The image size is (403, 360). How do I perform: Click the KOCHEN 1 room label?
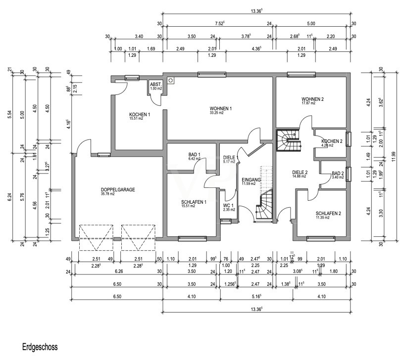139,114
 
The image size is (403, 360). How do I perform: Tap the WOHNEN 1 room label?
220,108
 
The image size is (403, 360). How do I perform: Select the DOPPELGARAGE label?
118,189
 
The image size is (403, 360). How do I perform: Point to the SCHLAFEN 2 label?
328,214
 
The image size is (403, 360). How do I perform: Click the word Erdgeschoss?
40,347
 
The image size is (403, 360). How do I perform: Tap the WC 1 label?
228,205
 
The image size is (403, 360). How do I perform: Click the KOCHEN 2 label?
331,141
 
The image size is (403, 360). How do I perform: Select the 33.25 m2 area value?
216,113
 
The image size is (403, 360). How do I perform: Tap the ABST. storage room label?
156,84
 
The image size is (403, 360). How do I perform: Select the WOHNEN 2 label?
312,99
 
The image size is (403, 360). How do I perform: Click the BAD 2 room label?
338,173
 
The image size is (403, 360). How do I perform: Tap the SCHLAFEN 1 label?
194,202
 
